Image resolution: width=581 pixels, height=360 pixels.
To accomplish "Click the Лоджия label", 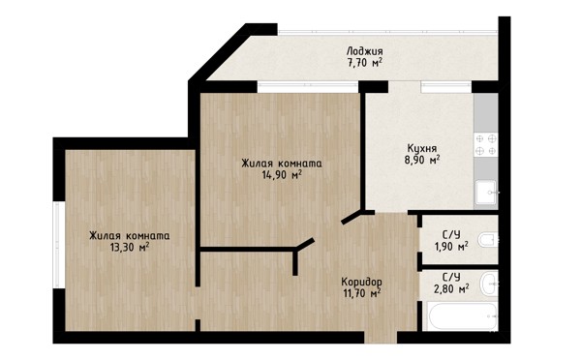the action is pos(364,51).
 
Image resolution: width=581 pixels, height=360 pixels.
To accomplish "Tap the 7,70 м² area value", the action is pos(364,63).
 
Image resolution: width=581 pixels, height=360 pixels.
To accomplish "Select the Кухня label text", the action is pos(422,148).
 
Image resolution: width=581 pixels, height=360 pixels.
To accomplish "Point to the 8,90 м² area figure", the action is pos(422,160).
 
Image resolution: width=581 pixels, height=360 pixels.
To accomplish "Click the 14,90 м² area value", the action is pos(282,174).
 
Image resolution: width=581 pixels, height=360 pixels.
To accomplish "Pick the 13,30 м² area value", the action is pos(130,247).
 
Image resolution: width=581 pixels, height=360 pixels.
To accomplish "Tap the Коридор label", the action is pos(361,282).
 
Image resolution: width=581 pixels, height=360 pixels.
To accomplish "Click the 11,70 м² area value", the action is pos(361,293).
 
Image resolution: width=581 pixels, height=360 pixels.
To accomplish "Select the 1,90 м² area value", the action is pos(451,246).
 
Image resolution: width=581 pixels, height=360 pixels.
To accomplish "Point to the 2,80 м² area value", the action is pos(451,288).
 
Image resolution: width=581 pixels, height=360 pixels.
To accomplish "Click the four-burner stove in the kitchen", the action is pos(486,145).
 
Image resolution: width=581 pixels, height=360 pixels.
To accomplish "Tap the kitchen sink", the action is pos(486,193).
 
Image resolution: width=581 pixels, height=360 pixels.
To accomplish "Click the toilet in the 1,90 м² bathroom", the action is pos(488,240).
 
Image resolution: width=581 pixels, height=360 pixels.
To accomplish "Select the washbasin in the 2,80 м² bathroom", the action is pos(489,285).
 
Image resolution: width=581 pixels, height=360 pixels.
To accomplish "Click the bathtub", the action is pos(462,317).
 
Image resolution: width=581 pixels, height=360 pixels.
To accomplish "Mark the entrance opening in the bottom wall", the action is pos(381,338).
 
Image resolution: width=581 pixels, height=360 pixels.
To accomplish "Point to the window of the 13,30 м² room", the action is pos(59,245).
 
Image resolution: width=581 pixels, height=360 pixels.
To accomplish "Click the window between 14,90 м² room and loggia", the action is pos(308,87).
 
